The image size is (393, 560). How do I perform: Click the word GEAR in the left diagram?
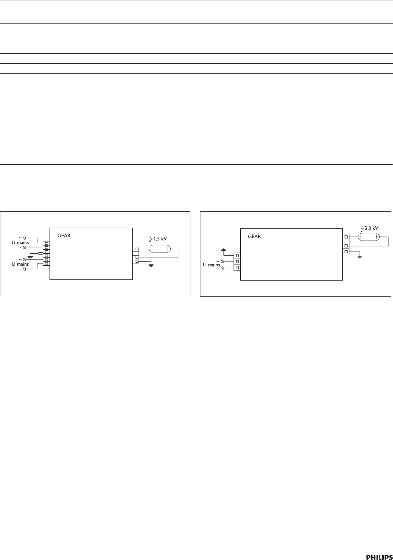[64, 235]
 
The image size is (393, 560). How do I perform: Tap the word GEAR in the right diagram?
[254, 236]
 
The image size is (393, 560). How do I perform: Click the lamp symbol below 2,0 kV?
[369, 237]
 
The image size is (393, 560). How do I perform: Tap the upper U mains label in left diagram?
[20, 243]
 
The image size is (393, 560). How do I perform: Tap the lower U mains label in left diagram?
[20, 264]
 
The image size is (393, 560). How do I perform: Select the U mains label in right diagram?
[211, 265]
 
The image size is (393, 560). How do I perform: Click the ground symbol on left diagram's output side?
[151, 264]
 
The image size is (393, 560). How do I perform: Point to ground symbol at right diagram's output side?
[359, 257]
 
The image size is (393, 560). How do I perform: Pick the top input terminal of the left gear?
[47, 243]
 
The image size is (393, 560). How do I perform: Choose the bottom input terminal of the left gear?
[47, 264]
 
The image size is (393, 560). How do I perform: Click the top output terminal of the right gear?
[346, 237]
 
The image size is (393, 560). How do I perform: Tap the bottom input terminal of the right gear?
[237, 268]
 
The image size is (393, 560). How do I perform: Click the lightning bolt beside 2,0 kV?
[362, 228]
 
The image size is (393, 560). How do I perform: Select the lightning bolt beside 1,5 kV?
[150, 238]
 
